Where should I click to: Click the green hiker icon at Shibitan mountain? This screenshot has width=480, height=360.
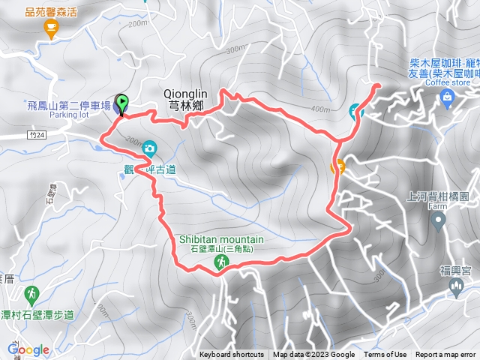(221, 262)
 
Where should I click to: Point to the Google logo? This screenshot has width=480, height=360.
(28, 349)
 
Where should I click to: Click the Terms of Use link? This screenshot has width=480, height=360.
(385, 355)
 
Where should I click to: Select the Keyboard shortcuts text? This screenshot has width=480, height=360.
(232, 355)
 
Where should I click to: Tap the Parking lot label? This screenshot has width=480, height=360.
(70, 115)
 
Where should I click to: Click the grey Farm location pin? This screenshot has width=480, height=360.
(440, 220)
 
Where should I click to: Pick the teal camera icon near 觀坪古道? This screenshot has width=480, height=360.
(150, 148)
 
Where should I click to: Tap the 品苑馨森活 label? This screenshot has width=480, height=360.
(51, 11)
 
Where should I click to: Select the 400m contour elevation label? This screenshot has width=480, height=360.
(320, 109)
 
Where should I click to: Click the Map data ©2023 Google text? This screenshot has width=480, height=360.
(313, 355)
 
